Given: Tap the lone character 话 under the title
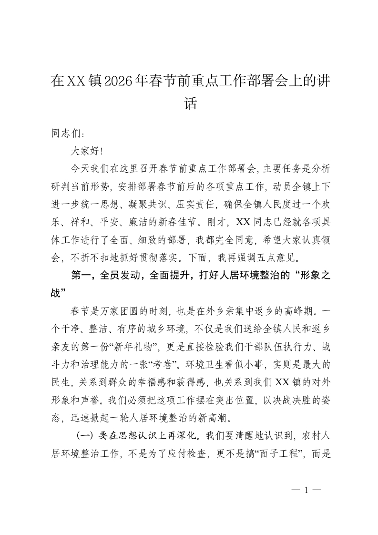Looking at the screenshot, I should [190, 103].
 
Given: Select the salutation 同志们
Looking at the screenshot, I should [64, 134].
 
